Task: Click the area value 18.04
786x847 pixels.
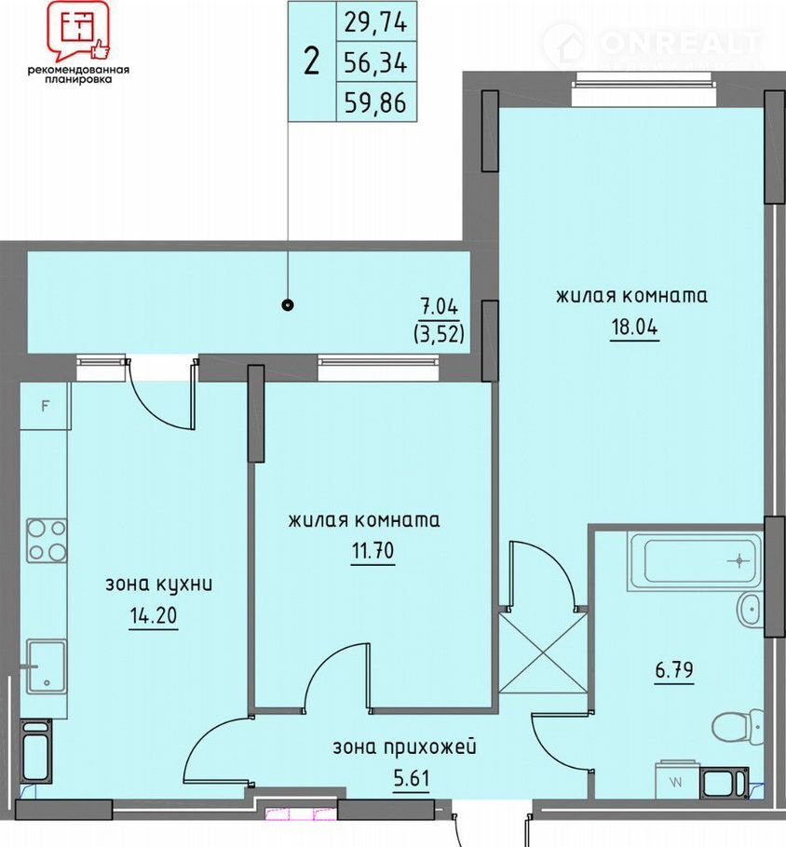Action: [634, 327]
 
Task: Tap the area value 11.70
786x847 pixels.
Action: [373, 551]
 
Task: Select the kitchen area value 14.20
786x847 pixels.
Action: [154, 615]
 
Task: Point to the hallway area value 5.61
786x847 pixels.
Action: [412, 779]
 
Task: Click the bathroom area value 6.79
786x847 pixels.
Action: [674, 670]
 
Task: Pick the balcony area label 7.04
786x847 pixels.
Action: [440, 307]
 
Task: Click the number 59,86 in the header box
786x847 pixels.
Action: [375, 102]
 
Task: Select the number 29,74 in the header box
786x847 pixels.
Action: [375, 22]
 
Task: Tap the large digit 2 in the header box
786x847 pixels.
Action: [311, 62]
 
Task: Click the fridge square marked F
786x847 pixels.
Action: [46, 406]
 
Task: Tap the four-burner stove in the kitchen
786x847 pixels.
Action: [47, 540]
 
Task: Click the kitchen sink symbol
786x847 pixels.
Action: [47, 666]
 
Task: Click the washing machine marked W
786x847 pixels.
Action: [677, 780]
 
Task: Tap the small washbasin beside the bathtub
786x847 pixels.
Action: [751, 611]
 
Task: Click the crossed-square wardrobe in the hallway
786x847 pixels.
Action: [543, 653]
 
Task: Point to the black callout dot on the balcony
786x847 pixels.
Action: [288, 305]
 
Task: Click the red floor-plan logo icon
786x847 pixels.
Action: [78, 30]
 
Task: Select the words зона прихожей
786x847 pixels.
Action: [404, 748]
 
